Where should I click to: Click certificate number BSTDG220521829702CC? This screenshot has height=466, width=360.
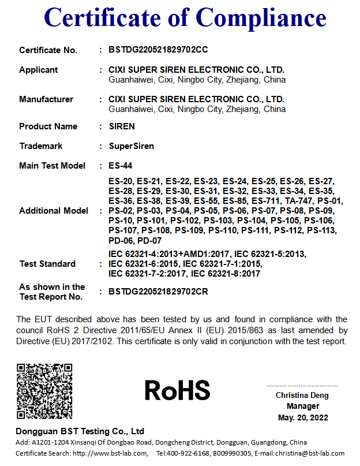pyautogui.click(x=158, y=50)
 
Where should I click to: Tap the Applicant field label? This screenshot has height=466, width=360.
pyautogui.click(x=39, y=70)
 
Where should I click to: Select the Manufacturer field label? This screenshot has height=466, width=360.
pyautogui.click(x=46, y=99)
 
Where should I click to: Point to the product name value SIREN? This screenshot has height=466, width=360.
pyautogui.click(x=122, y=126)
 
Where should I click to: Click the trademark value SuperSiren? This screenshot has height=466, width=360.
pyautogui.click(x=132, y=146)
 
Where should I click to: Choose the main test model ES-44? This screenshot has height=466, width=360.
pyautogui.click(x=121, y=166)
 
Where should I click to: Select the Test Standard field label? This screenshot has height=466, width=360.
pyautogui.click(x=47, y=264)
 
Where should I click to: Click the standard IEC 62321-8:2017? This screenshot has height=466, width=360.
pyautogui.click(x=226, y=274)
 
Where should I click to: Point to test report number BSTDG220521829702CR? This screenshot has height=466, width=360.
pyautogui.click(x=158, y=292)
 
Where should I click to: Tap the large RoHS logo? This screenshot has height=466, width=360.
pyautogui.click(x=177, y=390)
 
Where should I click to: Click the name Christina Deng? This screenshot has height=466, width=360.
pyautogui.click(x=302, y=396)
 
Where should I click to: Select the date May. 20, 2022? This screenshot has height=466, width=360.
pyautogui.click(x=302, y=417)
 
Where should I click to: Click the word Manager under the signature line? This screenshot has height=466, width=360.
pyautogui.click(x=302, y=407)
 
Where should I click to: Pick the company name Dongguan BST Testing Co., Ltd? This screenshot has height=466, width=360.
pyautogui.click(x=80, y=431)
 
